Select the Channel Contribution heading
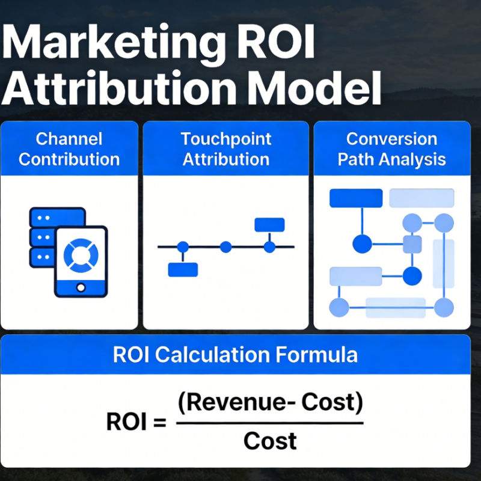69,149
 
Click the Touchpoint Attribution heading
225,149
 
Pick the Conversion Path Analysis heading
391,149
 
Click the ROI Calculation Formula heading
235,354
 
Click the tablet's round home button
81,287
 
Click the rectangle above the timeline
269,224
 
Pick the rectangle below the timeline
183,270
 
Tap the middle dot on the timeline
225,247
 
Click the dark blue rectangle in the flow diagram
356,198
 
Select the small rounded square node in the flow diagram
412,244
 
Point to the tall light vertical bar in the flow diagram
444,263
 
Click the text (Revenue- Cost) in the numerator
271,403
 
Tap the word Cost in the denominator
270,441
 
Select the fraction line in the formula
270,423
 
